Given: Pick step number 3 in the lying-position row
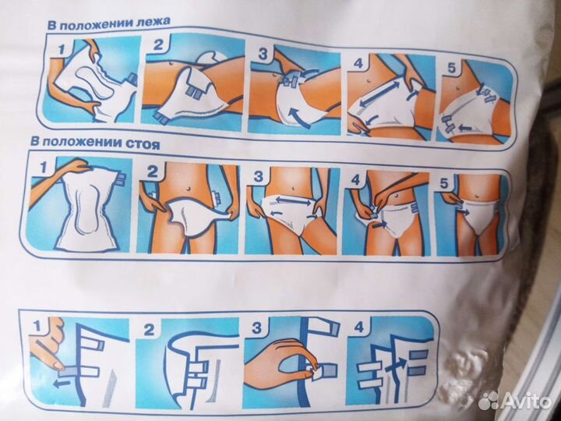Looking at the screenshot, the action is (263, 55).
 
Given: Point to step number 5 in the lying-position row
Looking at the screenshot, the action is (451, 67).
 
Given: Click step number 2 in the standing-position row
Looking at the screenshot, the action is (152, 172).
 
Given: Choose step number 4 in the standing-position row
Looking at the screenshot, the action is (355, 179).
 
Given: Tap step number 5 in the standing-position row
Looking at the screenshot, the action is (443, 184).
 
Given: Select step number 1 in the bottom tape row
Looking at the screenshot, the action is (37, 325).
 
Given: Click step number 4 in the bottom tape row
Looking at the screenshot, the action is (358, 327).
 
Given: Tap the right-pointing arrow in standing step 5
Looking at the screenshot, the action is (464, 211).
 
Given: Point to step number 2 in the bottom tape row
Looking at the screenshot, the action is (149, 330).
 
